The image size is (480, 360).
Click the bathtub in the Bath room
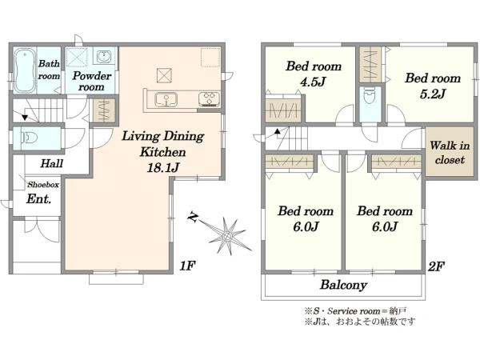pyautogui.click(x=25, y=70)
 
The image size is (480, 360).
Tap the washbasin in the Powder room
pyautogui.click(x=105, y=57)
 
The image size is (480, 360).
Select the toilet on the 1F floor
pyautogui.click(x=29, y=138)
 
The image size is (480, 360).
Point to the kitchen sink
pyautogui.click(x=166, y=99)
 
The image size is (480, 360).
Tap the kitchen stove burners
pyautogui.click(x=210, y=99)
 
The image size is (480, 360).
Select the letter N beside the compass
pyautogui.click(x=193, y=217)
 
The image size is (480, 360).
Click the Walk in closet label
pyautogui.click(x=450, y=153)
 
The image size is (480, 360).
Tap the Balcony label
pyautogui.click(x=343, y=285)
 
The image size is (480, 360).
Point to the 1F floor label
pyautogui.click(x=187, y=266)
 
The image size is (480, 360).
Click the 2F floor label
pyautogui.click(x=436, y=266)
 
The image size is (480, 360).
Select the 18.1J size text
pyautogui.click(x=163, y=167)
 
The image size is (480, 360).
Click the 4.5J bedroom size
pyautogui.click(x=313, y=82)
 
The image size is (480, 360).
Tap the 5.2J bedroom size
pyautogui.click(x=432, y=94)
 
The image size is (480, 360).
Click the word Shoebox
pyautogui.click(x=43, y=185)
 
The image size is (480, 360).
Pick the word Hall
pyautogui.click(x=52, y=163)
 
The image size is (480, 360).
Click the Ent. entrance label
pyautogui.click(x=38, y=199)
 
